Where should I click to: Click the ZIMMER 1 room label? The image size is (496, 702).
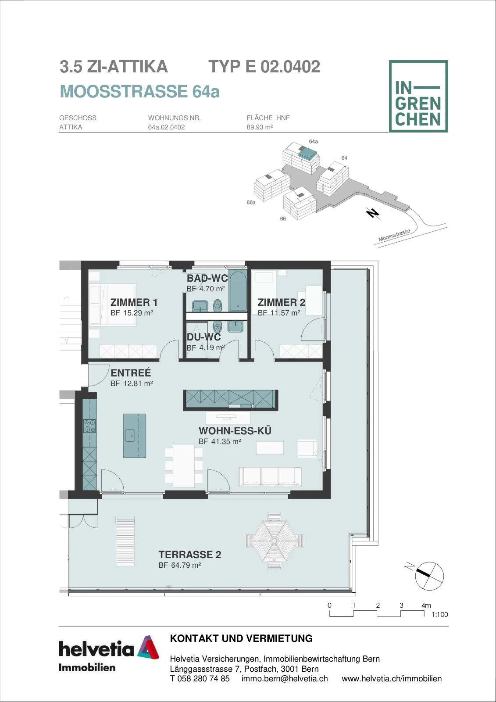click(x=134, y=302)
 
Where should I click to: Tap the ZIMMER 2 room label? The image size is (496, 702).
click(x=282, y=302)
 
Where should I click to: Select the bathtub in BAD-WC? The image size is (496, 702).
click(x=238, y=291)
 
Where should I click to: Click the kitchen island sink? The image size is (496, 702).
click(x=130, y=435)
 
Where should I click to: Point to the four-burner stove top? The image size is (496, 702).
click(x=89, y=426)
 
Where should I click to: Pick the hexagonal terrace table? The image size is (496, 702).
click(x=274, y=541)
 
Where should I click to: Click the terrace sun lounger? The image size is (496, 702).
click(x=125, y=541)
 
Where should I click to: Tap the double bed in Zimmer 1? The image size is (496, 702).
click(x=112, y=305)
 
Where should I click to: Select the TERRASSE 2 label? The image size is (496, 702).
click(x=190, y=555)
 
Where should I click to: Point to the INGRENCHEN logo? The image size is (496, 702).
click(x=418, y=96)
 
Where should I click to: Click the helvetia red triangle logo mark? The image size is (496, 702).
click(x=148, y=648)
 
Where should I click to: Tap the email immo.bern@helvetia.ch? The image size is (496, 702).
click(x=285, y=679)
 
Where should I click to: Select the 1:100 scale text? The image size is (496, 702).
click(x=439, y=615)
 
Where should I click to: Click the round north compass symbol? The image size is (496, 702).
click(x=429, y=576)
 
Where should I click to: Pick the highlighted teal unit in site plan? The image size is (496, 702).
click(x=307, y=154)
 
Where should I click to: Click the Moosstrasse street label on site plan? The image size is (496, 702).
click(x=394, y=235)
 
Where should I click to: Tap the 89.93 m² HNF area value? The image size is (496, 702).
click(x=260, y=127)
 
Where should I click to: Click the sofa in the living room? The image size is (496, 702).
click(x=270, y=477)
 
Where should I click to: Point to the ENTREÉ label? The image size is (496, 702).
click(x=131, y=373)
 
